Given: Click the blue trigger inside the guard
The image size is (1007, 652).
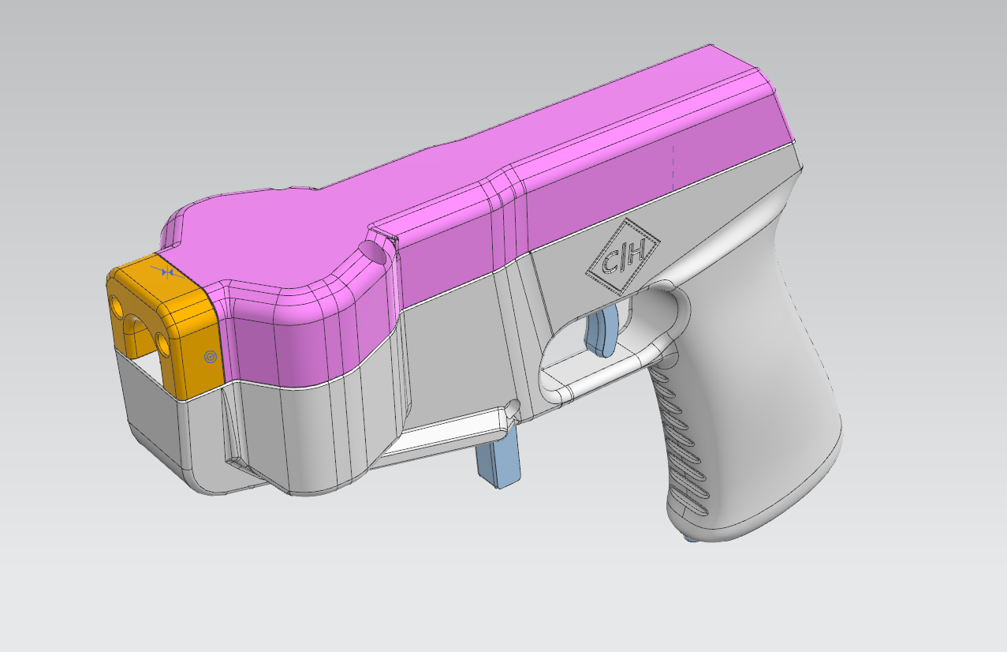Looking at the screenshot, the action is (602, 330).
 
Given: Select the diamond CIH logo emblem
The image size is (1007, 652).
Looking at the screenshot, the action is (623, 257).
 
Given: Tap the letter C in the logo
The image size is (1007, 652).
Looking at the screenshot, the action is (610, 264).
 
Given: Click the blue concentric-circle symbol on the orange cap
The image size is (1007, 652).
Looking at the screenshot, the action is (211, 357).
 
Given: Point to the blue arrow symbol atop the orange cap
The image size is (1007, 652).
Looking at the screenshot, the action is (167, 272).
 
